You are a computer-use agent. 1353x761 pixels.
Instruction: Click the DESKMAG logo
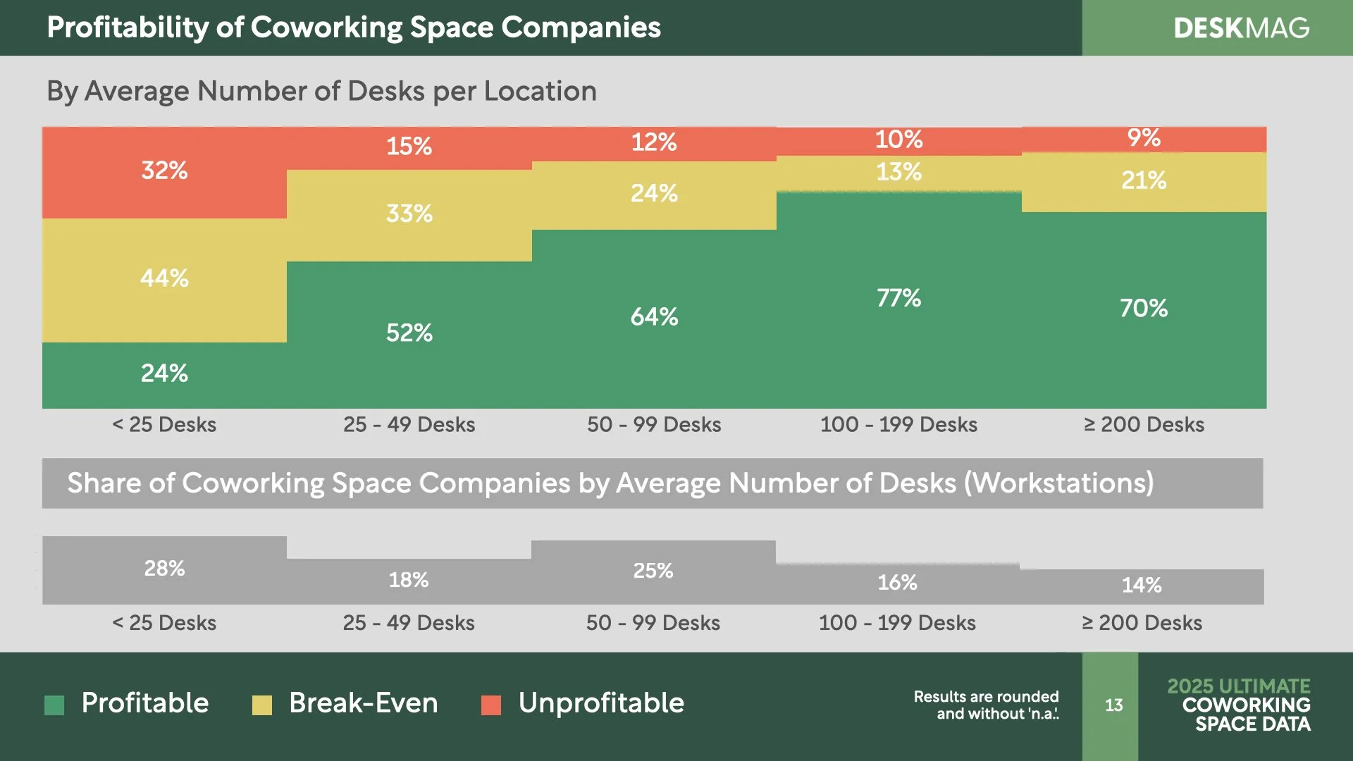(1241, 28)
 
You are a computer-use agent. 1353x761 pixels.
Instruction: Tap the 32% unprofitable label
(164, 171)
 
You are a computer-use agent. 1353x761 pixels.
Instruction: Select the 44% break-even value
(164, 278)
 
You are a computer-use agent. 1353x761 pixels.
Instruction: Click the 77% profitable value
(898, 298)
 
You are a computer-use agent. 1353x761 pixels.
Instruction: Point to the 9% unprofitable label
(1143, 138)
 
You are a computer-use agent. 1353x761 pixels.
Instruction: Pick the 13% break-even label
(898, 172)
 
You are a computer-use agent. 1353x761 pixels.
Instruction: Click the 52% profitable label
(409, 333)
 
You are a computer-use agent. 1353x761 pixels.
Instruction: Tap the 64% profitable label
(654, 317)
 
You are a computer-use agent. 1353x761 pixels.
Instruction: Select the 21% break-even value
(1143, 180)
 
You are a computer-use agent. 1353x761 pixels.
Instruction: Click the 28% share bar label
(164, 569)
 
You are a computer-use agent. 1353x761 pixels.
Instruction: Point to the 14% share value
(1142, 585)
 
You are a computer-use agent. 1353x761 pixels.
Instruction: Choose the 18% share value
(409, 580)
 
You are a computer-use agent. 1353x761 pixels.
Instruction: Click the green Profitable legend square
(54, 705)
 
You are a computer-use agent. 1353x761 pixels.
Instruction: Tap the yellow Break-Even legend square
(262, 705)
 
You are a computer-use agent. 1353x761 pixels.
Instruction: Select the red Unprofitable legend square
(491, 705)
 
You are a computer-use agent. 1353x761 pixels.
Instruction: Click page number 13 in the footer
(1113, 705)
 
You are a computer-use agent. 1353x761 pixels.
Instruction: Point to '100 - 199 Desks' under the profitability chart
(898, 425)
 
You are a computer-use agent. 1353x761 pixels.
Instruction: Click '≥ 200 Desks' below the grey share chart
(1142, 623)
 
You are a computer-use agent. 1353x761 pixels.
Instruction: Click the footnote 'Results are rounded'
(986, 697)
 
